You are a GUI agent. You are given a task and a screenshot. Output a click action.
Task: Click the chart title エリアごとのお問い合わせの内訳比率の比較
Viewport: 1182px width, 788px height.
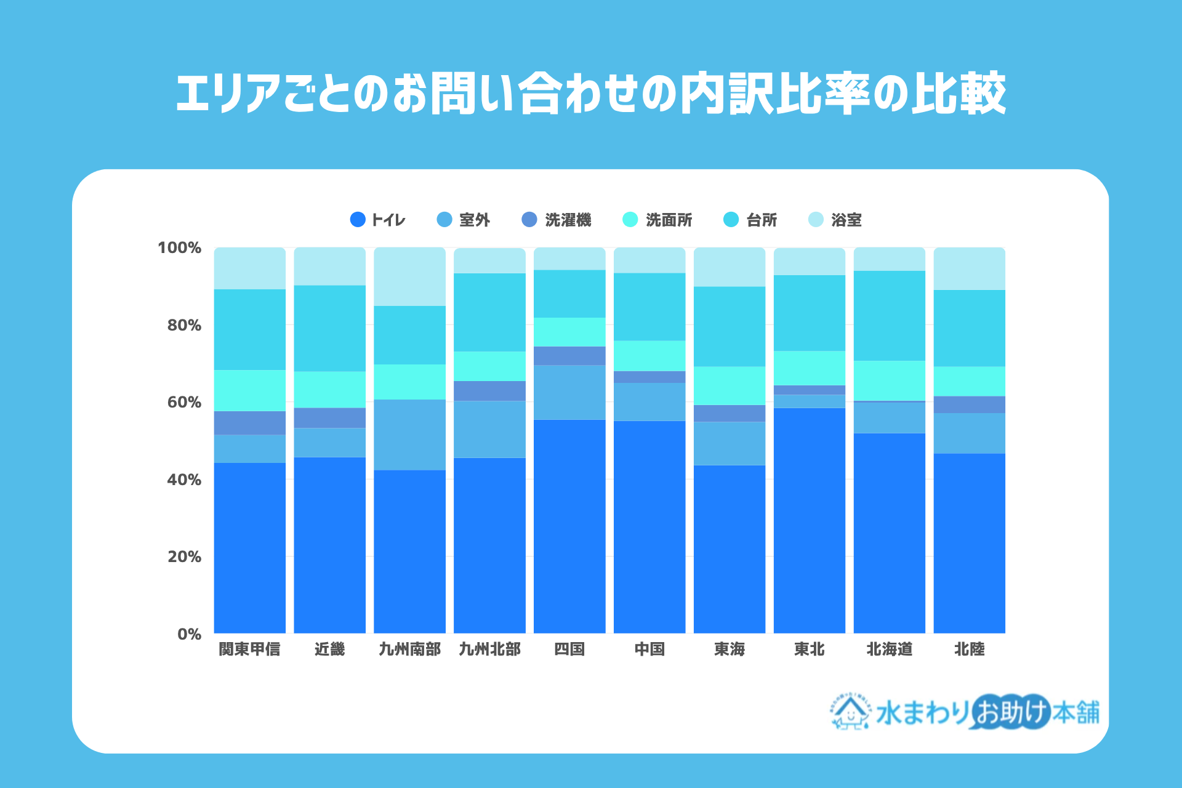(x=591, y=94)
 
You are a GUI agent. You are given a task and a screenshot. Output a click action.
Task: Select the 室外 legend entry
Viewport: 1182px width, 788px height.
(x=463, y=220)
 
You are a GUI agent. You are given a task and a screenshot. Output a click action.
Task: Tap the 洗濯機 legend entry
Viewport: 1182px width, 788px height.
(x=556, y=220)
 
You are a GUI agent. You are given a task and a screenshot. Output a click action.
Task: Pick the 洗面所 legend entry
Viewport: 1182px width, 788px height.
(x=657, y=220)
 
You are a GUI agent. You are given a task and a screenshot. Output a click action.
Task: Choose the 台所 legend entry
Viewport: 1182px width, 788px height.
(x=750, y=220)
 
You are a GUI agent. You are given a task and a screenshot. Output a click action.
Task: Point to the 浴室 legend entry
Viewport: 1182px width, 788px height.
(x=835, y=220)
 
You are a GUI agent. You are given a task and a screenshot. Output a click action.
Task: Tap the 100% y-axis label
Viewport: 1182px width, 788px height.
(x=179, y=248)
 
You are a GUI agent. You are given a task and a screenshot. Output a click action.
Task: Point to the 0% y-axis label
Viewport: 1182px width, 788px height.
(x=189, y=634)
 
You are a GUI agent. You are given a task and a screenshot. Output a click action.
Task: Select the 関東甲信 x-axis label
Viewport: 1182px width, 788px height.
(x=249, y=649)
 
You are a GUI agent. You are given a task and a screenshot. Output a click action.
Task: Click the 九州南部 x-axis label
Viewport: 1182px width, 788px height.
(x=409, y=649)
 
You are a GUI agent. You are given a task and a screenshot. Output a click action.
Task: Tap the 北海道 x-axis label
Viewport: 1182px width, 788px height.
(x=889, y=649)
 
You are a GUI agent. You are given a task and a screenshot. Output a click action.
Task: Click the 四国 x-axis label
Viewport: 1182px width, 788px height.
(x=569, y=649)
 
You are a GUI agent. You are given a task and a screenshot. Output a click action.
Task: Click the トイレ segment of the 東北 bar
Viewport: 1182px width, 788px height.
(x=809, y=520)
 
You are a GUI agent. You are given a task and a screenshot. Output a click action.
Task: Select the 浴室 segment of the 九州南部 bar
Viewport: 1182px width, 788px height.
(x=409, y=276)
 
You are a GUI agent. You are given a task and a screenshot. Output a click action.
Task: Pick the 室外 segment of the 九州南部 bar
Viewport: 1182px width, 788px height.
(x=409, y=435)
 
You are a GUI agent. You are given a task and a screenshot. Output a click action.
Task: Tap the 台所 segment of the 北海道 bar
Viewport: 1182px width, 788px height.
(x=889, y=315)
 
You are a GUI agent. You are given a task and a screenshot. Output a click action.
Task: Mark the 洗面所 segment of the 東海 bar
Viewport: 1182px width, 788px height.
(x=730, y=385)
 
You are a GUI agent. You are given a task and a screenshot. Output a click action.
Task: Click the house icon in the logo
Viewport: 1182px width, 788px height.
(x=850, y=713)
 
